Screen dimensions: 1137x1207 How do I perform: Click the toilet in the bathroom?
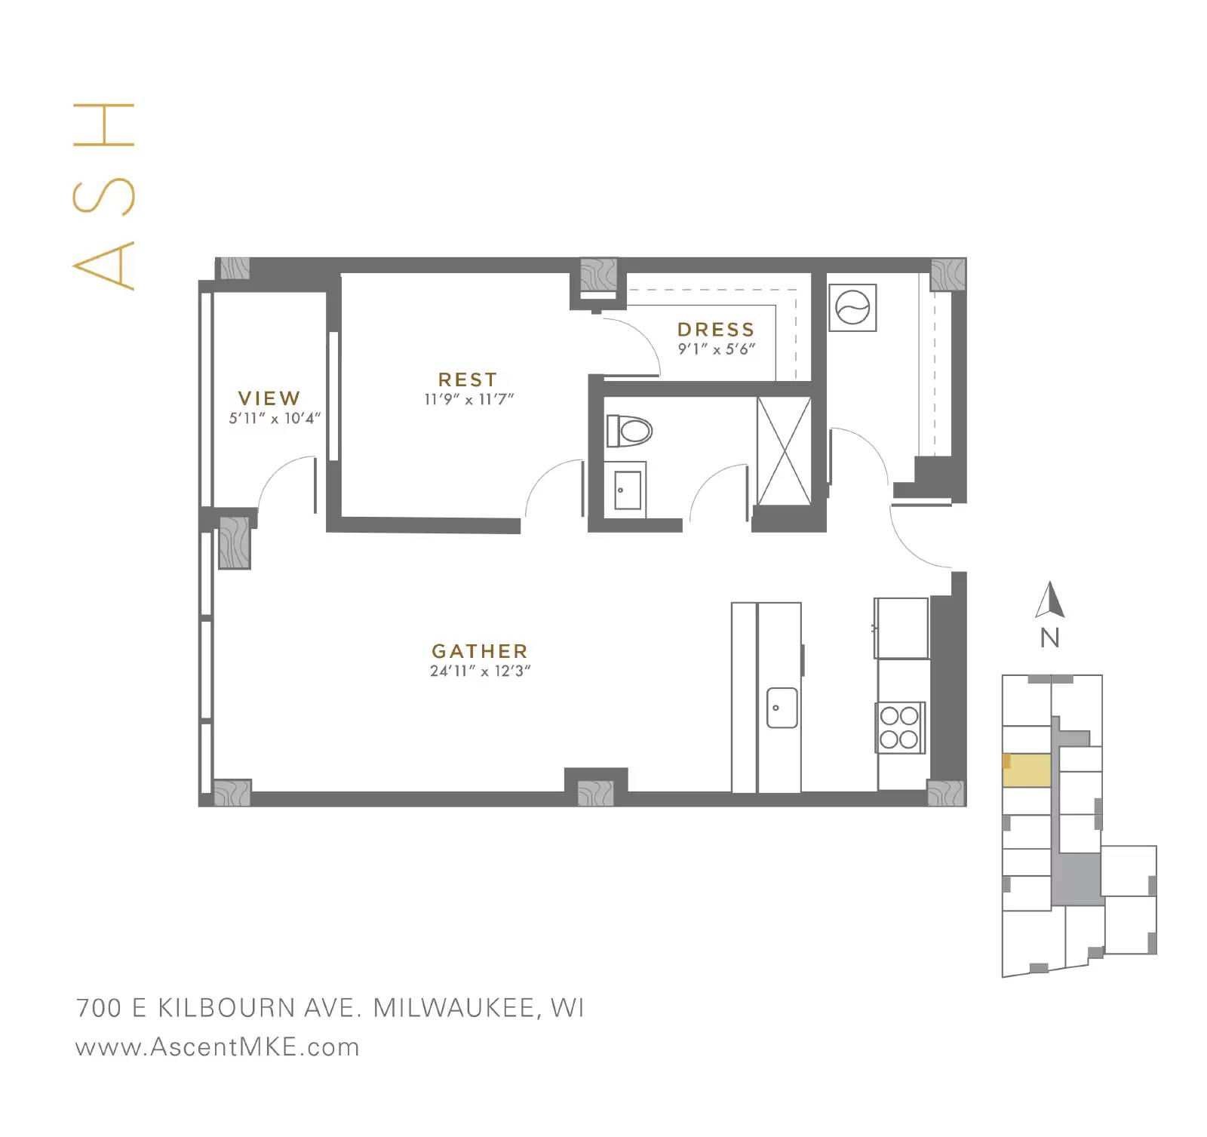pyautogui.click(x=629, y=431)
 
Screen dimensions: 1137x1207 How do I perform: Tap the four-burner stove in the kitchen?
pyautogui.click(x=900, y=727)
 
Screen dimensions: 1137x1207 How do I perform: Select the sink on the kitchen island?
pyautogui.click(x=782, y=707)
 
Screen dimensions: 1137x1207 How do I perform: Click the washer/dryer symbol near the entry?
pyautogui.click(x=852, y=307)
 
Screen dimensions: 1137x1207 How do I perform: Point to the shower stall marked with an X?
pyautogui.click(x=784, y=450)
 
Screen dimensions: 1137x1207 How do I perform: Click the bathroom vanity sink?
pyautogui.click(x=627, y=489)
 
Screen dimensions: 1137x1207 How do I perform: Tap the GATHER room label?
pyautogui.click(x=479, y=651)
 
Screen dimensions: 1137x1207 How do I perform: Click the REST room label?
pyautogui.click(x=468, y=380)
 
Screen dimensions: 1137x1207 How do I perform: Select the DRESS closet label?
pyautogui.click(x=716, y=330)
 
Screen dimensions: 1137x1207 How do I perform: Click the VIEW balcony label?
pyautogui.click(x=269, y=398)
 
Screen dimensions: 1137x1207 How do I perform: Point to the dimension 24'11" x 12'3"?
pyautogui.click(x=481, y=671)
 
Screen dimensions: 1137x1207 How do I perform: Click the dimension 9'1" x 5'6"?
pyautogui.click(x=716, y=349)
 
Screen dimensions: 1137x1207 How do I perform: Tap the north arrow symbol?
pyautogui.click(x=1049, y=601)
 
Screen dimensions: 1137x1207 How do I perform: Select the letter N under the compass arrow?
pyautogui.click(x=1049, y=638)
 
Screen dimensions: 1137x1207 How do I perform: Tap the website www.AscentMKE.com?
pyautogui.click(x=217, y=1047)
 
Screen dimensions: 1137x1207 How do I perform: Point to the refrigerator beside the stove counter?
pyautogui.click(x=901, y=628)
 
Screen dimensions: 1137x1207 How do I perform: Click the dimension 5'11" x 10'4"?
pyautogui.click(x=275, y=418)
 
